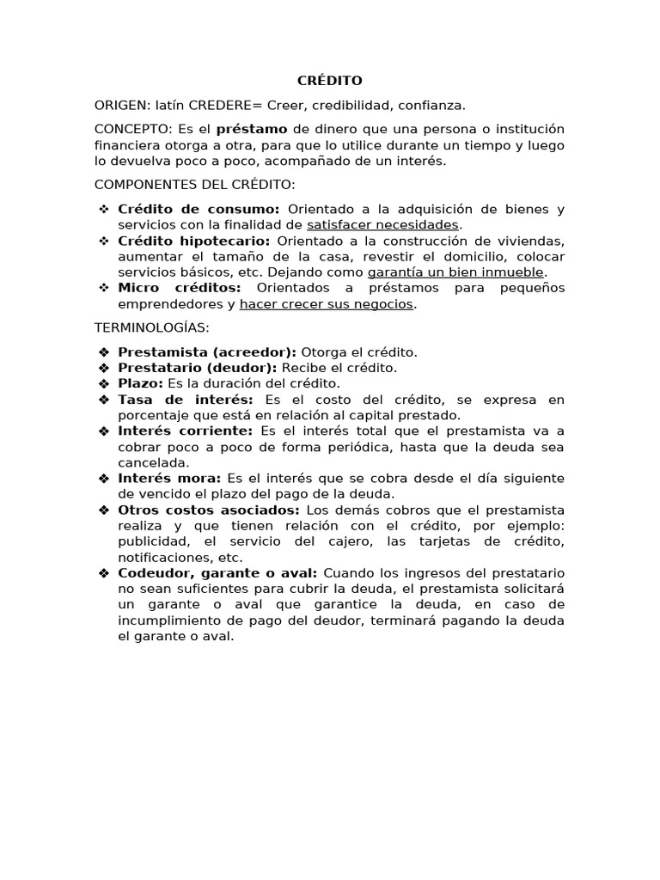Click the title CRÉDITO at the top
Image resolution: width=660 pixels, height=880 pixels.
[329, 81]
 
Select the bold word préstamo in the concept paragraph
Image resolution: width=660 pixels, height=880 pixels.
[252, 129]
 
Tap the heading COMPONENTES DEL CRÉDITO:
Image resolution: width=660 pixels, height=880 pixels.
[194, 184]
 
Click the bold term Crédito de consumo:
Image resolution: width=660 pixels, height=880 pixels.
[199, 209]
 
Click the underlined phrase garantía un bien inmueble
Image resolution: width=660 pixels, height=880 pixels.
[455, 272]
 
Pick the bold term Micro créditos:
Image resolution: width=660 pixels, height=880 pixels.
[180, 288]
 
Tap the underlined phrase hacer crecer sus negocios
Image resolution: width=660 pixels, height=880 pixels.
[327, 304]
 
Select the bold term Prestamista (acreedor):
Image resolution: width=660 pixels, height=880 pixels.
[206, 352]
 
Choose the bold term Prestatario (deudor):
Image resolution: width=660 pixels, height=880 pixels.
[198, 368]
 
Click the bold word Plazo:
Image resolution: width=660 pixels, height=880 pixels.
[141, 383]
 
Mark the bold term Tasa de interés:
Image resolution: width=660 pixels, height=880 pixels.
[186, 400]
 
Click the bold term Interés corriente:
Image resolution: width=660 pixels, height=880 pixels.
[185, 431]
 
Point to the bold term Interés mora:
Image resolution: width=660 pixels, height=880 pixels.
[169, 478]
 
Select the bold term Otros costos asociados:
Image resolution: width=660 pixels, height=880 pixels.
[208, 510]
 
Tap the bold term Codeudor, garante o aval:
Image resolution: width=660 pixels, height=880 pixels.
[217, 573]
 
